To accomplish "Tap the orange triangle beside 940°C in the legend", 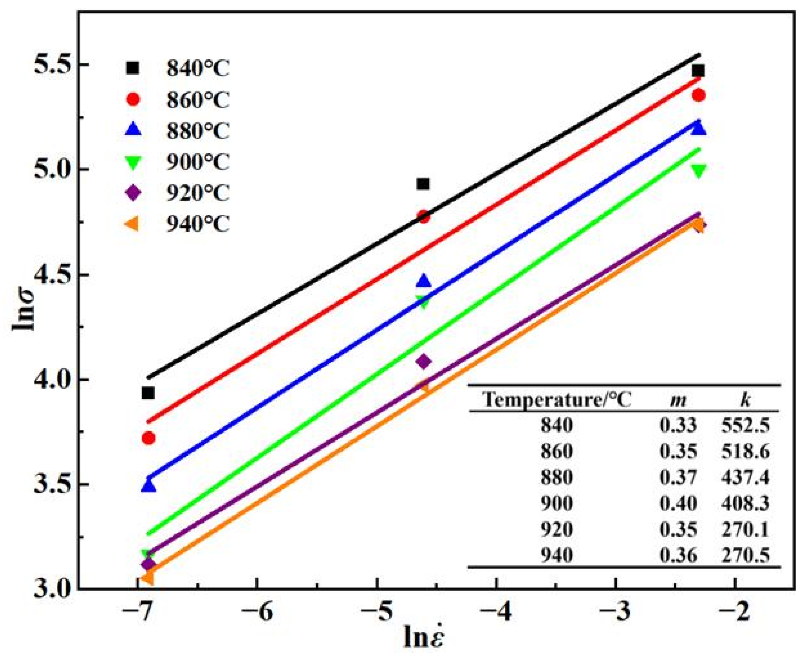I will pyautogui.click(x=133, y=224).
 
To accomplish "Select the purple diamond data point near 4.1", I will pyautogui.click(x=424, y=362).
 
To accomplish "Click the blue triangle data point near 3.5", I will pyautogui.click(x=148, y=486).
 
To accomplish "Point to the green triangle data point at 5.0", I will pyautogui.click(x=698, y=171).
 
